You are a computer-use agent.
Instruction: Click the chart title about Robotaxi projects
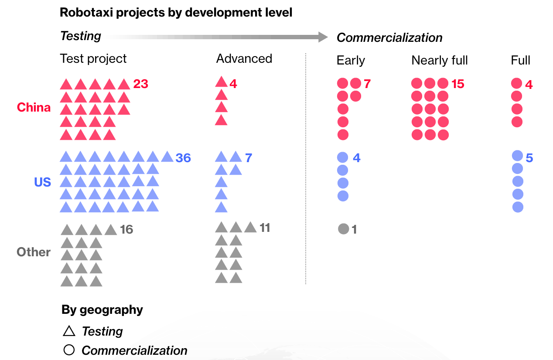176,12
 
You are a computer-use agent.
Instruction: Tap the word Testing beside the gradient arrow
81,36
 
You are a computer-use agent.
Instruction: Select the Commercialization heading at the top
389,38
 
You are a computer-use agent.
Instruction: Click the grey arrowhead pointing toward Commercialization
323,37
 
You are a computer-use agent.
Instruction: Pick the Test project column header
93,59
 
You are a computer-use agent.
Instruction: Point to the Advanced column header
244,59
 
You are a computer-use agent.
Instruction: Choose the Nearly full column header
440,61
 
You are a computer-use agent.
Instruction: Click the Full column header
521,61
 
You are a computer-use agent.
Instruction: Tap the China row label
34,108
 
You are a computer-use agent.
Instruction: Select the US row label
43,182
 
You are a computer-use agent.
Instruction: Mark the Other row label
34,252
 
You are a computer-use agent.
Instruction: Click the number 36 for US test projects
183,158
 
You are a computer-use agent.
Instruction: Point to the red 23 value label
141,84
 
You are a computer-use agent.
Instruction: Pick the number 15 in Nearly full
458,84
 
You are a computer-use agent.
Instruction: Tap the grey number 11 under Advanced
265,228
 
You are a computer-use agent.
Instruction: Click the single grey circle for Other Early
343,229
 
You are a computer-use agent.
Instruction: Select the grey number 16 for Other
126,230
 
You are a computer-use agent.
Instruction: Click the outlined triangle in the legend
69,331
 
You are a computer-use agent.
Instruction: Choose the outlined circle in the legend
69,350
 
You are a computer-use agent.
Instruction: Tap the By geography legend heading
102,310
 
